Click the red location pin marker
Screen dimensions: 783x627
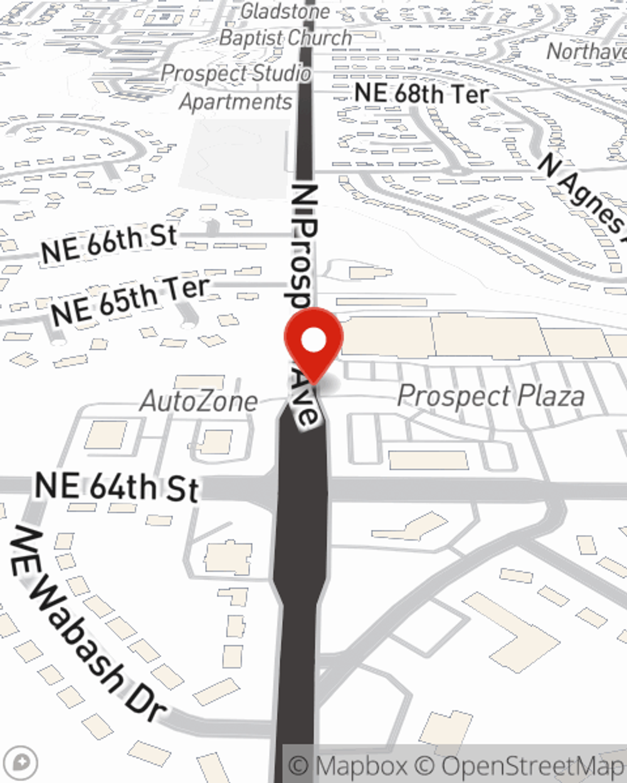[313, 345]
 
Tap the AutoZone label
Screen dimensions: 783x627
[199, 402]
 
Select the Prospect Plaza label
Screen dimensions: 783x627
[491, 396]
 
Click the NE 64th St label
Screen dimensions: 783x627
[117, 488]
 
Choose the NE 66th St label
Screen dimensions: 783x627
[109, 244]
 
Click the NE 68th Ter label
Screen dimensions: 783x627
[421, 93]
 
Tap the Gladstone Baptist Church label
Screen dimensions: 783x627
[285, 25]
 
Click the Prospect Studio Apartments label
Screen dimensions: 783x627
[236, 87]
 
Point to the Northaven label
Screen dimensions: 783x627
[586, 51]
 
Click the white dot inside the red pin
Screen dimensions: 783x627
[313, 341]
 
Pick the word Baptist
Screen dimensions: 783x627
[251, 38]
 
